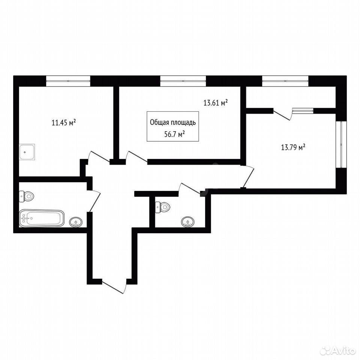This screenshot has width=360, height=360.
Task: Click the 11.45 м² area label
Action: pyautogui.click(x=64, y=123)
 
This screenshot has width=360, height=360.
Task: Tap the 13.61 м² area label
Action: pyautogui.click(x=215, y=103)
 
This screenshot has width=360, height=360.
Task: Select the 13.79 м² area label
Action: pyautogui.click(x=293, y=147)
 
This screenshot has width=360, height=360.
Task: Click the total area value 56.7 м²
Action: pyautogui.click(x=174, y=134)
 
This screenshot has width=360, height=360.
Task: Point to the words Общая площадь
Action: pyautogui.click(x=173, y=123)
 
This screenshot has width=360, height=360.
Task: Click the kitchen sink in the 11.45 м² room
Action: pyautogui.click(x=27, y=152)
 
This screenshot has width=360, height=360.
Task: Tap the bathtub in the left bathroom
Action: pyautogui.click(x=42, y=218)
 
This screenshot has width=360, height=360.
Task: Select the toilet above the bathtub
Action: pyautogui.click(x=27, y=196)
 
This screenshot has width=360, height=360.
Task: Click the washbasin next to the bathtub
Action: pyautogui.click(x=76, y=222)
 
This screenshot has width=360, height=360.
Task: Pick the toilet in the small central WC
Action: pyautogui.click(x=163, y=207)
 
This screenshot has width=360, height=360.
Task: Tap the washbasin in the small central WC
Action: pyautogui.click(x=187, y=222)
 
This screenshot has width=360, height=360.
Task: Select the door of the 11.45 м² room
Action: pyautogui.click(x=99, y=158)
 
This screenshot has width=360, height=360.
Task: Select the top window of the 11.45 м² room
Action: pyautogui.click(x=68, y=81)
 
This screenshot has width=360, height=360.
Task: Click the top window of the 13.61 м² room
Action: pyautogui.click(x=183, y=81)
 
